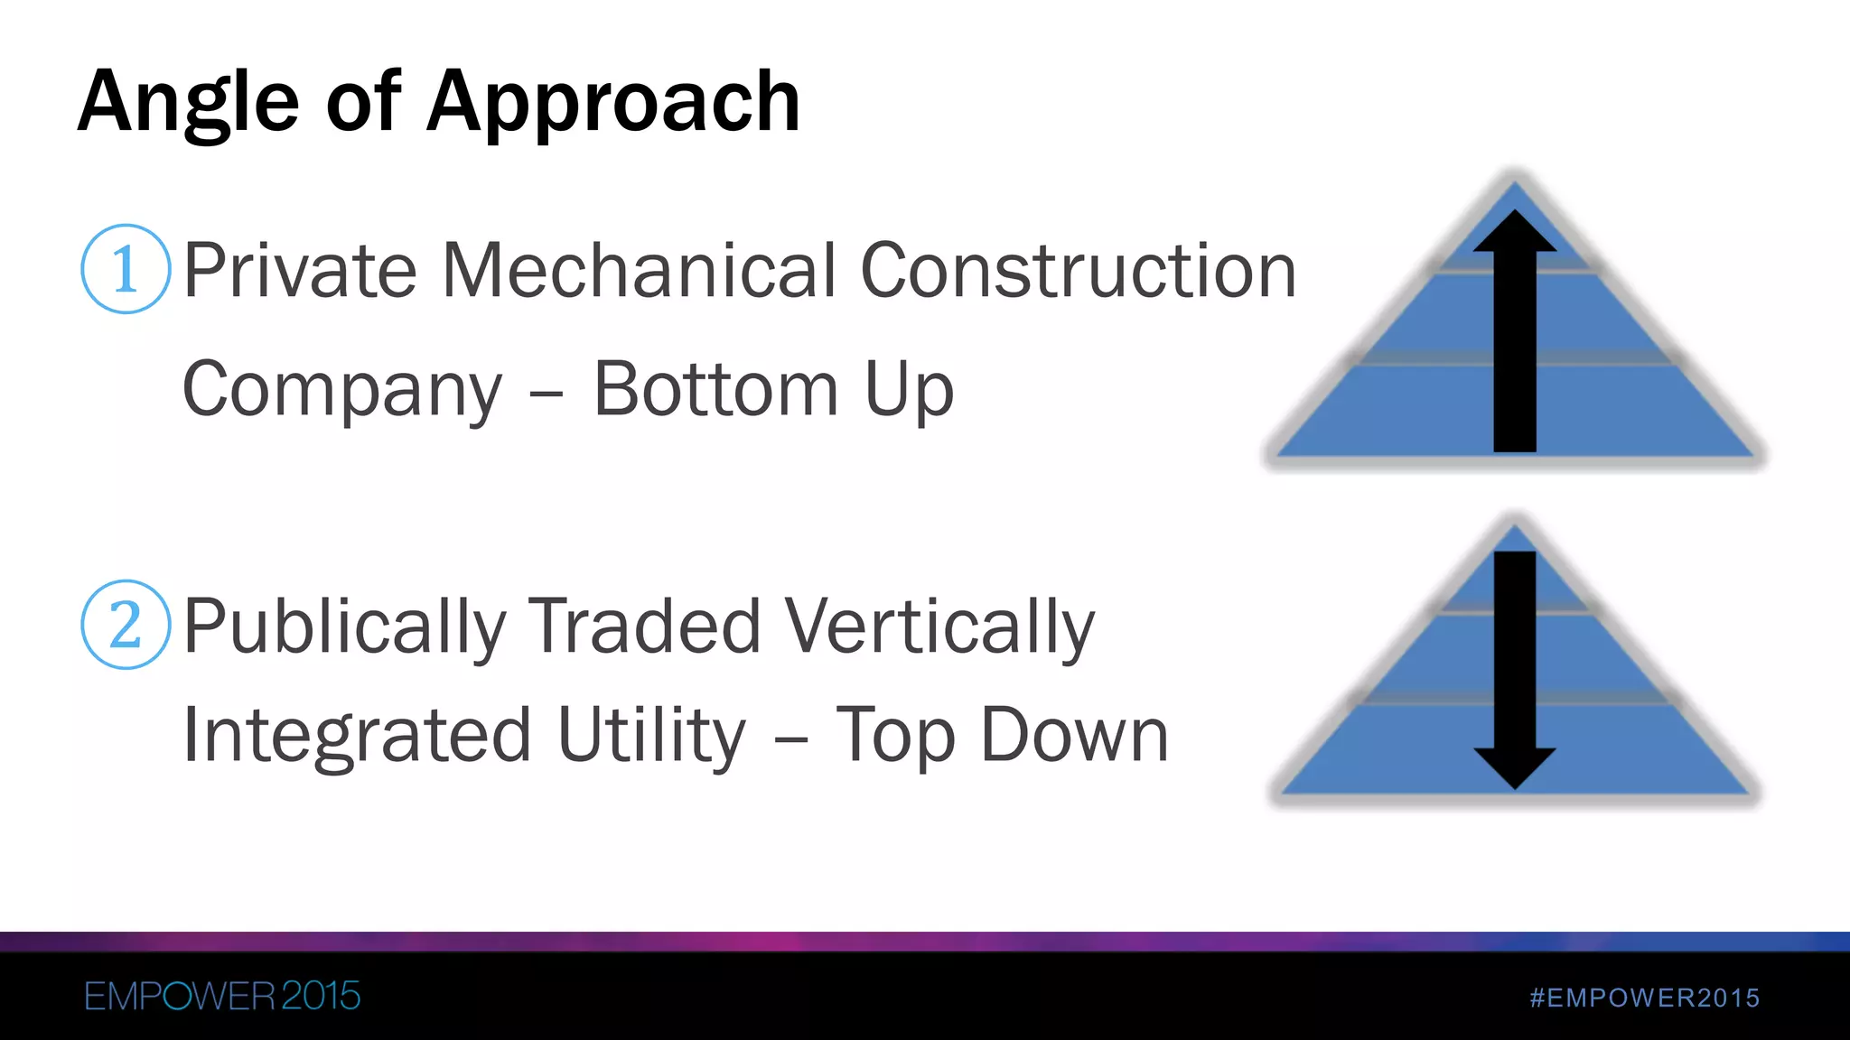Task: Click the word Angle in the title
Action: click(188, 103)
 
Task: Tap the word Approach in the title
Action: click(613, 103)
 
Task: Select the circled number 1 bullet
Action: click(126, 269)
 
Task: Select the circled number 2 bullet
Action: click(126, 625)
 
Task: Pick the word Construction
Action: click(1079, 270)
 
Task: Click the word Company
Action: click(342, 390)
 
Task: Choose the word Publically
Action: click(345, 627)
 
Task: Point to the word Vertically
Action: click(939, 627)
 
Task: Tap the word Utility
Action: click(651, 735)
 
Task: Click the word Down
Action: click(1074, 735)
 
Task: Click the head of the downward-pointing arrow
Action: click(1515, 767)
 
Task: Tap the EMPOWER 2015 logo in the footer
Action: click(222, 997)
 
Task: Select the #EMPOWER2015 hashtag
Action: click(1645, 998)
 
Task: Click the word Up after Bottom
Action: click(909, 391)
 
